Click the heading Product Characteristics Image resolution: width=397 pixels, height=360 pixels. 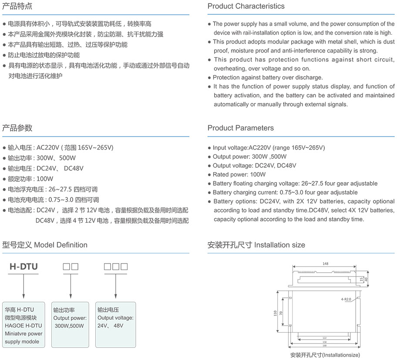pyautogui.click(x=246, y=6)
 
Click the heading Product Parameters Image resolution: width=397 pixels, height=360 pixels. pyautogui.click(x=241, y=128)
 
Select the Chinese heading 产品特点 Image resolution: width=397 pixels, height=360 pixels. pyautogui.click(x=17, y=6)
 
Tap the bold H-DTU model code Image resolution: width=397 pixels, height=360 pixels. pyautogui.click(x=24, y=267)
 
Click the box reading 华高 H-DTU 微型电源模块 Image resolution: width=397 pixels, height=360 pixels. pyautogui.click(x=24, y=324)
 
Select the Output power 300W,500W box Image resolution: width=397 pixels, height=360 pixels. pyautogui.click(x=69, y=324)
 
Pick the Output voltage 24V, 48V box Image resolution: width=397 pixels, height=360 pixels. pyautogui.click(x=115, y=324)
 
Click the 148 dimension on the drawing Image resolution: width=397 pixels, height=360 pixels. pyautogui.click(x=326, y=263)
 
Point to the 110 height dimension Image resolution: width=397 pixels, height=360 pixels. pyautogui.click(x=276, y=313)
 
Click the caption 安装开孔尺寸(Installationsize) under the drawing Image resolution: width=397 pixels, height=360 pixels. pyautogui.click(x=325, y=355)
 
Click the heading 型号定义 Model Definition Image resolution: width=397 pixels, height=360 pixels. pyautogui.click(x=45, y=245)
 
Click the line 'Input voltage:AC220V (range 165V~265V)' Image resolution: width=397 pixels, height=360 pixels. pyautogui.click(x=269, y=148)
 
